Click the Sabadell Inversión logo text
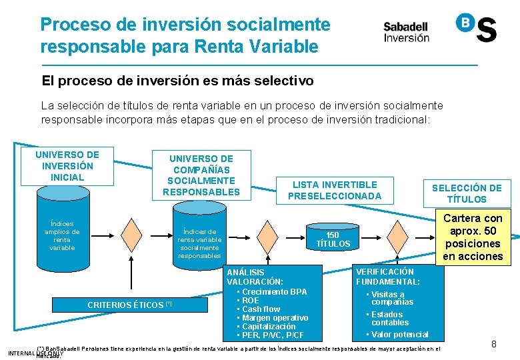point(406,32)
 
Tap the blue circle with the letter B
point(465,22)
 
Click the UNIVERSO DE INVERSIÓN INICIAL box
point(67,166)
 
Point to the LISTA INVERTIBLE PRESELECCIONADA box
point(334,190)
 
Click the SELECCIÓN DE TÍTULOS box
point(466,193)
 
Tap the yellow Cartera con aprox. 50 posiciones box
point(473,237)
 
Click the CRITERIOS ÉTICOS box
point(130,305)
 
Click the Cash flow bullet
point(261,309)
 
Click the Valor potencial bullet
point(399,335)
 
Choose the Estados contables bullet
point(390,319)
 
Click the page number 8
point(494,344)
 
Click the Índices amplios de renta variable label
point(62,236)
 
